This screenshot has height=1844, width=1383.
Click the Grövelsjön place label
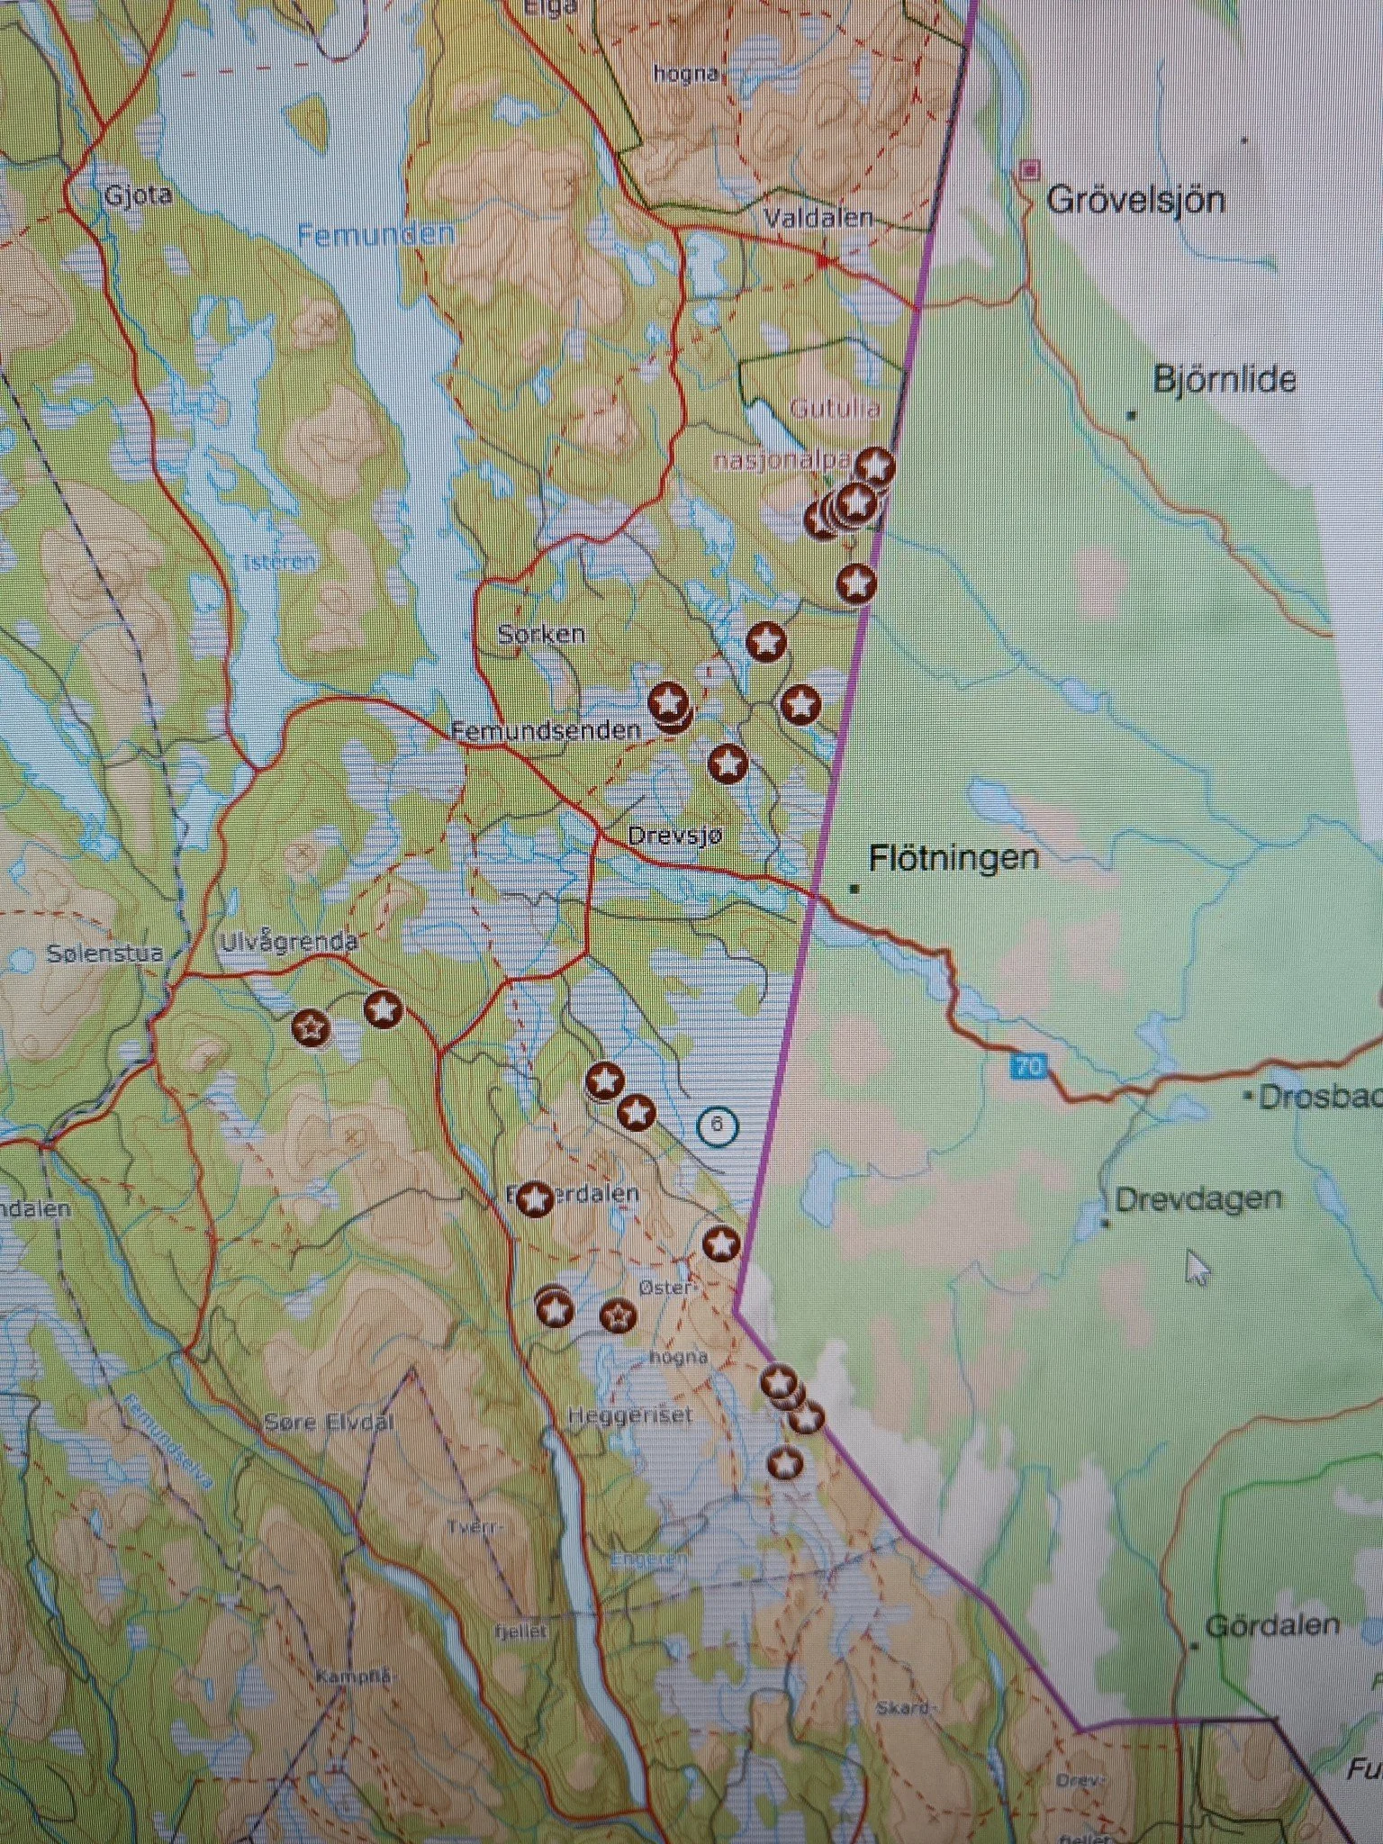tap(1135, 199)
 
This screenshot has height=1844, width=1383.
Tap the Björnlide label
tap(1224, 380)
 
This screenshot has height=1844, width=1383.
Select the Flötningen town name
tap(954, 858)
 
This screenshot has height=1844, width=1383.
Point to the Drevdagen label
tap(1198, 1199)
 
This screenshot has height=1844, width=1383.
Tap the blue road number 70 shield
tap(1028, 1068)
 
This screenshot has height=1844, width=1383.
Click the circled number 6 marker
tap(717, 1125)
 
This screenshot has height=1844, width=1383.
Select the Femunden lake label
tap(376, 236)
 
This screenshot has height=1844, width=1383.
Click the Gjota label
tap(138, 195)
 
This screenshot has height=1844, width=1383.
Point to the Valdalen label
tap(818, 218)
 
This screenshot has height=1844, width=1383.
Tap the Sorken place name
tap(541, 634)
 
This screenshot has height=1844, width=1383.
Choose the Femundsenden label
tap(547, 730)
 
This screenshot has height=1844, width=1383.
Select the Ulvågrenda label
tap(289, 942)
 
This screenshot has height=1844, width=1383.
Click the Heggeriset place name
tap(630, 1415)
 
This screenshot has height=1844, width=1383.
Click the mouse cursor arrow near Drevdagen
tap(1198, 1266)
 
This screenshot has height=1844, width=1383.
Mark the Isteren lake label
tap(280, 563)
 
